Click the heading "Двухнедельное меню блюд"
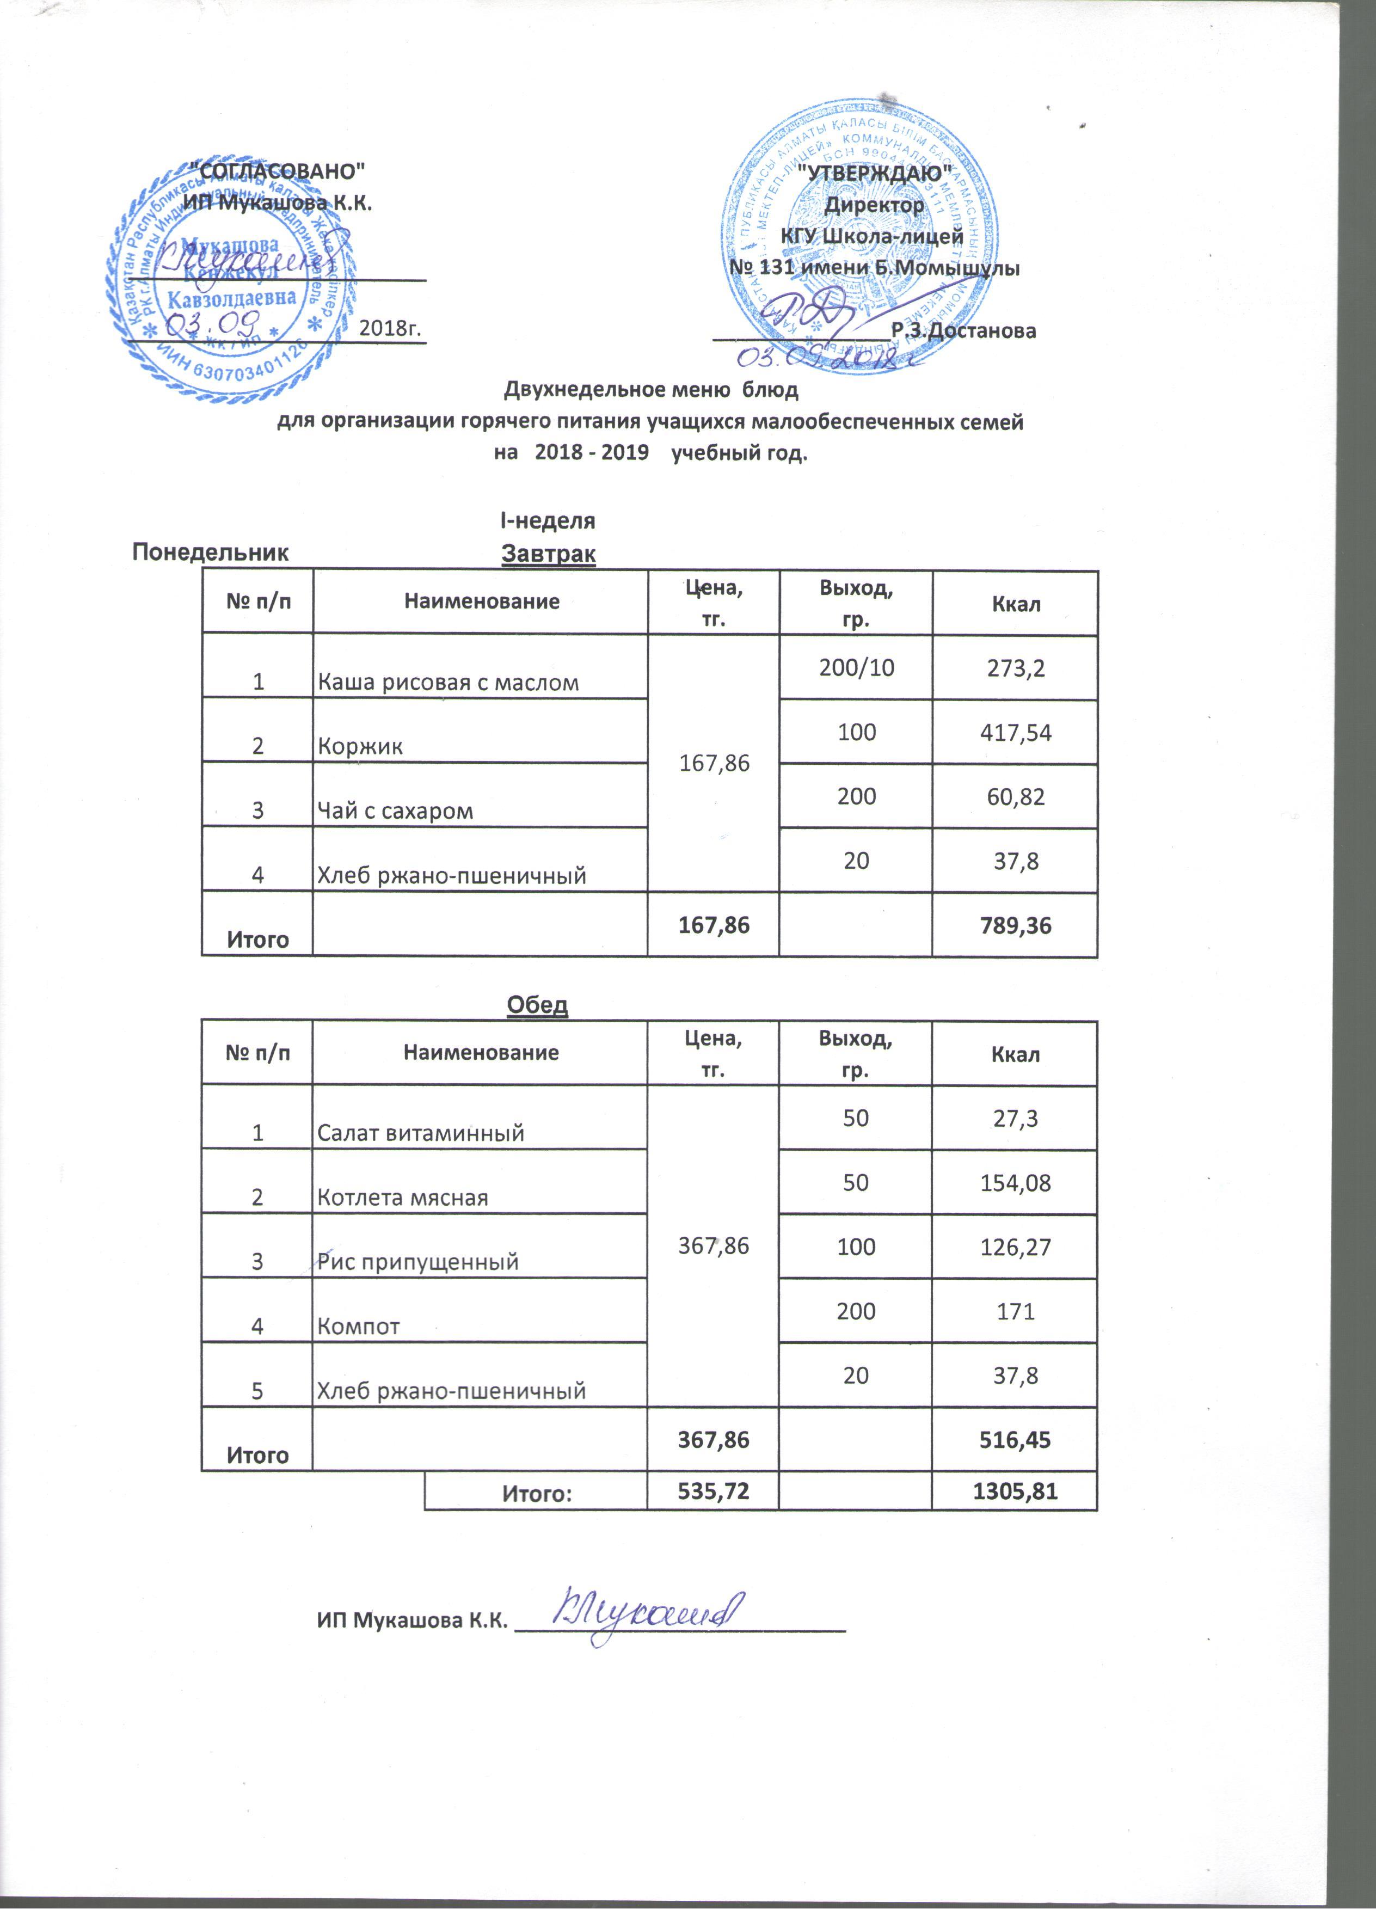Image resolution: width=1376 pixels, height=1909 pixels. (650, 390)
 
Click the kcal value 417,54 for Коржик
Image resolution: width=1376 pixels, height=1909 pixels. (1015, 732)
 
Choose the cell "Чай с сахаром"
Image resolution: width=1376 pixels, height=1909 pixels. (394, 811)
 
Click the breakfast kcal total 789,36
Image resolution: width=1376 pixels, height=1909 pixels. (1015, 925)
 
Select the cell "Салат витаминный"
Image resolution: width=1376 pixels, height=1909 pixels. (420, 1133)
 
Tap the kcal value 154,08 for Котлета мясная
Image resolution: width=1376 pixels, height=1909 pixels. (1015, 1182)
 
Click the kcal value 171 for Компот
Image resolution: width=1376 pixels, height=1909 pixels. (1015, 1311)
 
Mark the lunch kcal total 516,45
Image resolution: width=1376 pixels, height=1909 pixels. (1015, 1439)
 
